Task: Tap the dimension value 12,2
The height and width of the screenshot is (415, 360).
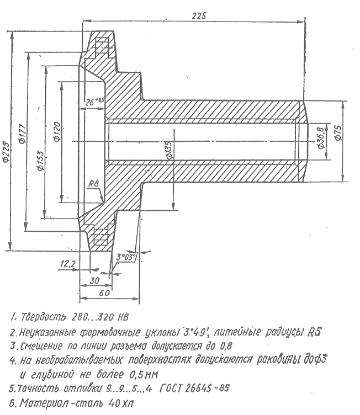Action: tap(68, 265)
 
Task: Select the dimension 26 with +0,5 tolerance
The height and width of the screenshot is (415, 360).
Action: tap(95, 102)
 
